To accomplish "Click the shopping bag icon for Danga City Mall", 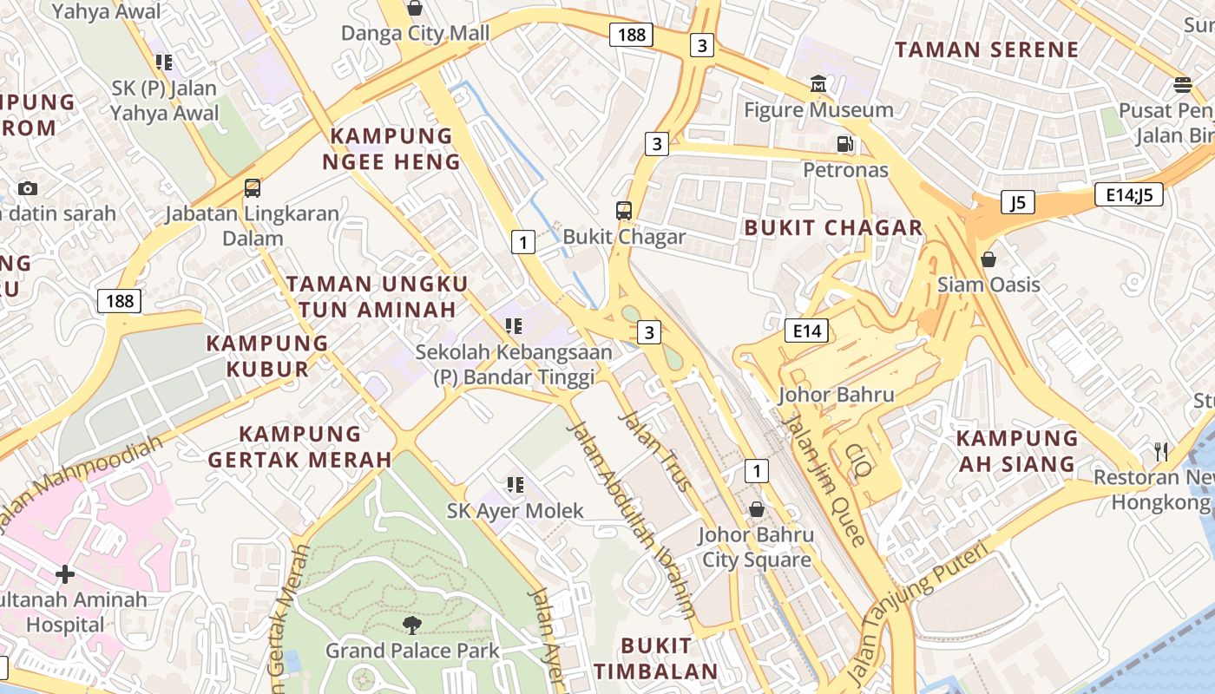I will [x=415, y=9].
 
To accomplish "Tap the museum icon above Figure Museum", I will [x=818, y=85].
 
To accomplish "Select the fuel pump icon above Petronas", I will [x=844, y=144].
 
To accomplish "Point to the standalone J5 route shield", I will [x=1017, y=203].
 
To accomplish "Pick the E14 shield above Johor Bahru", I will [x=806, y=331].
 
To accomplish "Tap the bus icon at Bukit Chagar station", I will [x=623, y=211].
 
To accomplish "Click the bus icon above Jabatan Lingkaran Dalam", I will [x=252, y=188].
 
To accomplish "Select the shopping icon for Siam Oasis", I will [x=988, y=259].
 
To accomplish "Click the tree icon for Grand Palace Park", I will [x=412, y=625].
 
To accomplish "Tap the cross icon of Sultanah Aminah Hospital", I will [x=64, y=574].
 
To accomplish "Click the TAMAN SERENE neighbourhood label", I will [x=987, y=49].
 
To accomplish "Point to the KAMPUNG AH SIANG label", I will [x=1017, y=451].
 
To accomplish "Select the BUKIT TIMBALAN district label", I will [x=656, y=658].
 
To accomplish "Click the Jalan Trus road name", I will [x=656, y=451].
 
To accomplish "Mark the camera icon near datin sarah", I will [x=27, y=188].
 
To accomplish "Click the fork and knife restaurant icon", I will [x=1161, y=452].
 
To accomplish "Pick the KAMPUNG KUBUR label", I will [x=267, y=356].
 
